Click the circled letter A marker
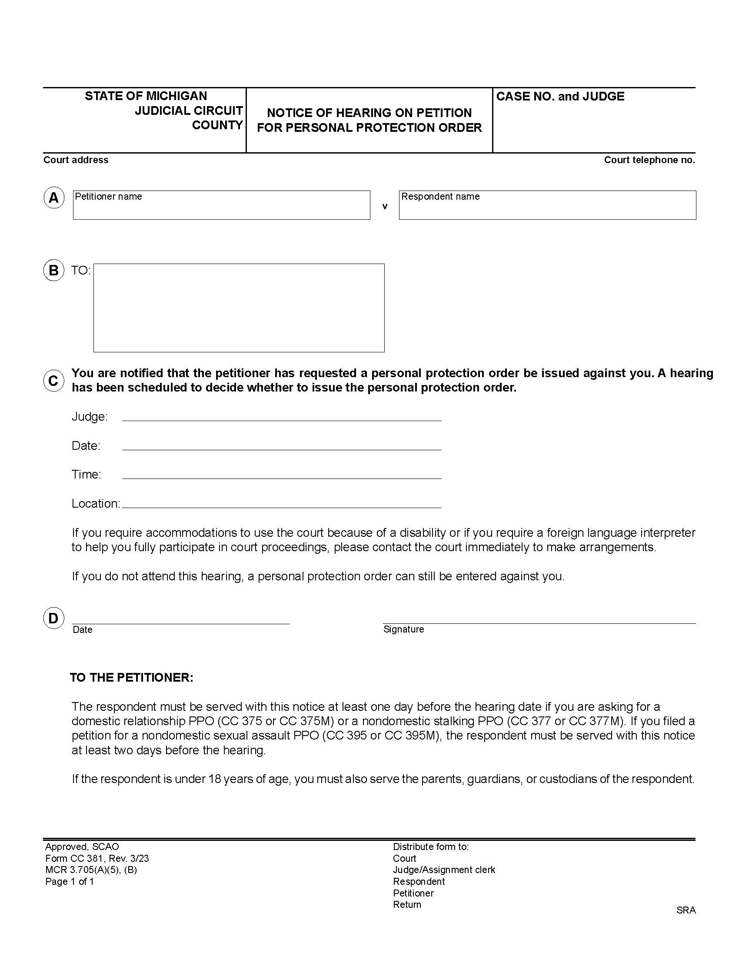click(x=54, y=198)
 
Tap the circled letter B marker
click(x=54, y=271)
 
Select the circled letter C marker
click(x=54, y=380)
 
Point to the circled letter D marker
click(x=53, y=618)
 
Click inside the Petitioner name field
click(x=221, y=207)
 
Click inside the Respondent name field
click(x=547, y=207)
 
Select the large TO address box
click(x=239, y=308)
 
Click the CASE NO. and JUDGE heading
click(x=560, y=97)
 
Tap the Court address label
click(x=76, y=160)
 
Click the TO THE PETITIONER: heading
click(x=132, y=677)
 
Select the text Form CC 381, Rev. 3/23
click(x=97, y=858)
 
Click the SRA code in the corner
click(x=686, y=910)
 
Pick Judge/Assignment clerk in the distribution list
click(x=443, y=870)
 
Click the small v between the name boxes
click(x=384, y=206)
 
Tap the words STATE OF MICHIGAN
click(x=146, y=96)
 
